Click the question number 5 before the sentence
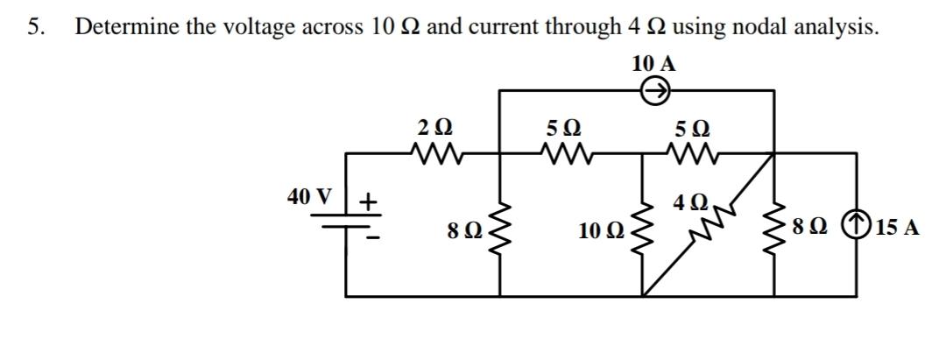click(x=34, y=27)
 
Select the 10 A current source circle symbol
click(x=656, y=89)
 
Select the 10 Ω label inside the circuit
click(x=601, y=232)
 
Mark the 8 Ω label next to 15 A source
click(x=808, y=229)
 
